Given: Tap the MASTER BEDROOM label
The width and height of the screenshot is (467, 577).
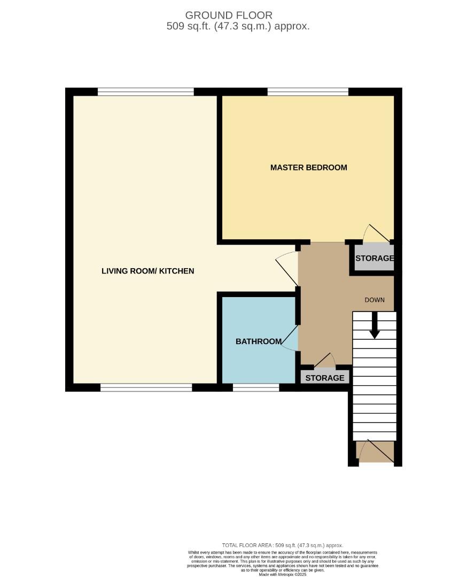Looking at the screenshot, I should [x=308, y=167].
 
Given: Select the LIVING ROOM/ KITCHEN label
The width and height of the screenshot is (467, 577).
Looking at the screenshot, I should [x=147, y=271].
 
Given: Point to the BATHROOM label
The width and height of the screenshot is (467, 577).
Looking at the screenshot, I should [x=259, y=341].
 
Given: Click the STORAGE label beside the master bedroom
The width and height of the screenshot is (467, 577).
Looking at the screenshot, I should [x=375, y=259].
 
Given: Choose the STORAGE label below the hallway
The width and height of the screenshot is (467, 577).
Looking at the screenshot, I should [x=325, y=378].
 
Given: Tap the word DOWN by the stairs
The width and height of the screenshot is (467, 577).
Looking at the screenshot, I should [x=375, y=300].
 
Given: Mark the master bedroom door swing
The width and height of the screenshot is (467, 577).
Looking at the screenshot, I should [x=377, y=233].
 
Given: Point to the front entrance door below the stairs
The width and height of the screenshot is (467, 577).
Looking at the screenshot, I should [x=375, y=451].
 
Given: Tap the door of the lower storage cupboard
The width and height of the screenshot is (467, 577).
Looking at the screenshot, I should [x=325, y=361].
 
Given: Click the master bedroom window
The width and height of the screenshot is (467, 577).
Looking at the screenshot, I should [x=308, y=92].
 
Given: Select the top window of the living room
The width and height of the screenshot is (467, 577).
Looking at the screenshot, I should [x=145, y=92].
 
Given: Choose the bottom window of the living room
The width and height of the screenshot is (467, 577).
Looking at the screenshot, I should [x=146, y=387].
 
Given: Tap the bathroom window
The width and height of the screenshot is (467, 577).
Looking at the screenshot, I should [x=256, y=387].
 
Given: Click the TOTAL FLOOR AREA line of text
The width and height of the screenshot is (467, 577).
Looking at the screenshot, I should [x=283, y=545].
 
